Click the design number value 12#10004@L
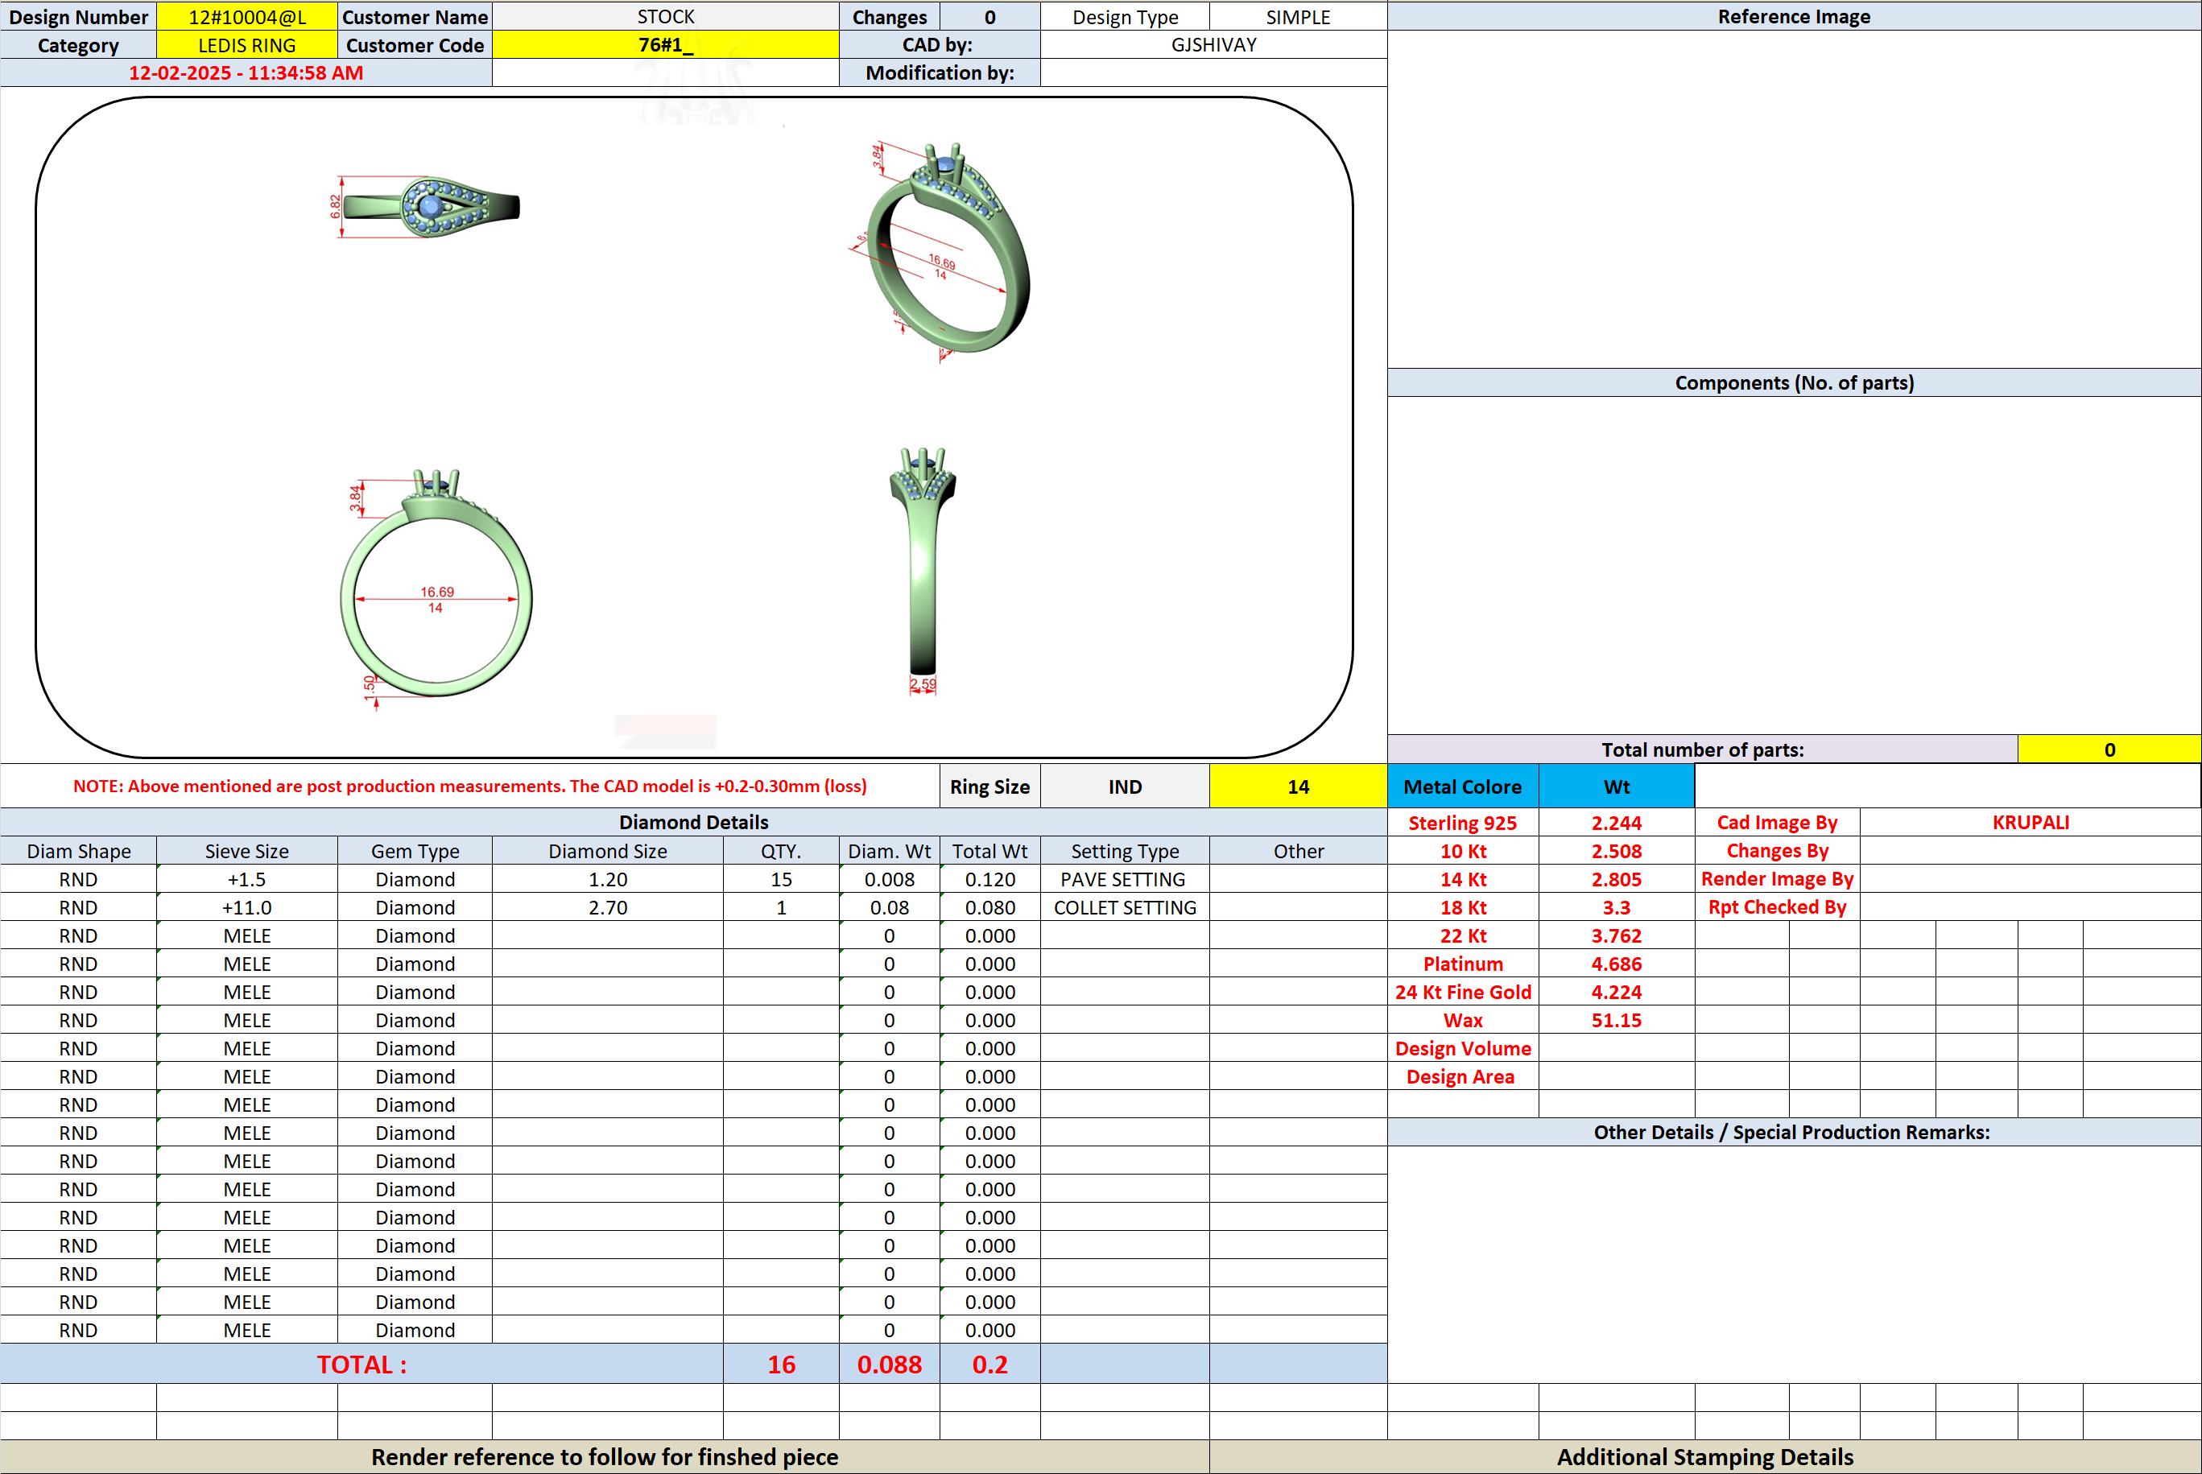point(247,17)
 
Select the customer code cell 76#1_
point(666,45)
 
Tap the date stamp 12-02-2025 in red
point(180,73)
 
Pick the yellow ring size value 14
point(1298,787)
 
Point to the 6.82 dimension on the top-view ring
point(335,207)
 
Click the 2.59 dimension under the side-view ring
point(923,684)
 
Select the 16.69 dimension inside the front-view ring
point(437,592)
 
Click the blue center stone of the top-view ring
point(431,205)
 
